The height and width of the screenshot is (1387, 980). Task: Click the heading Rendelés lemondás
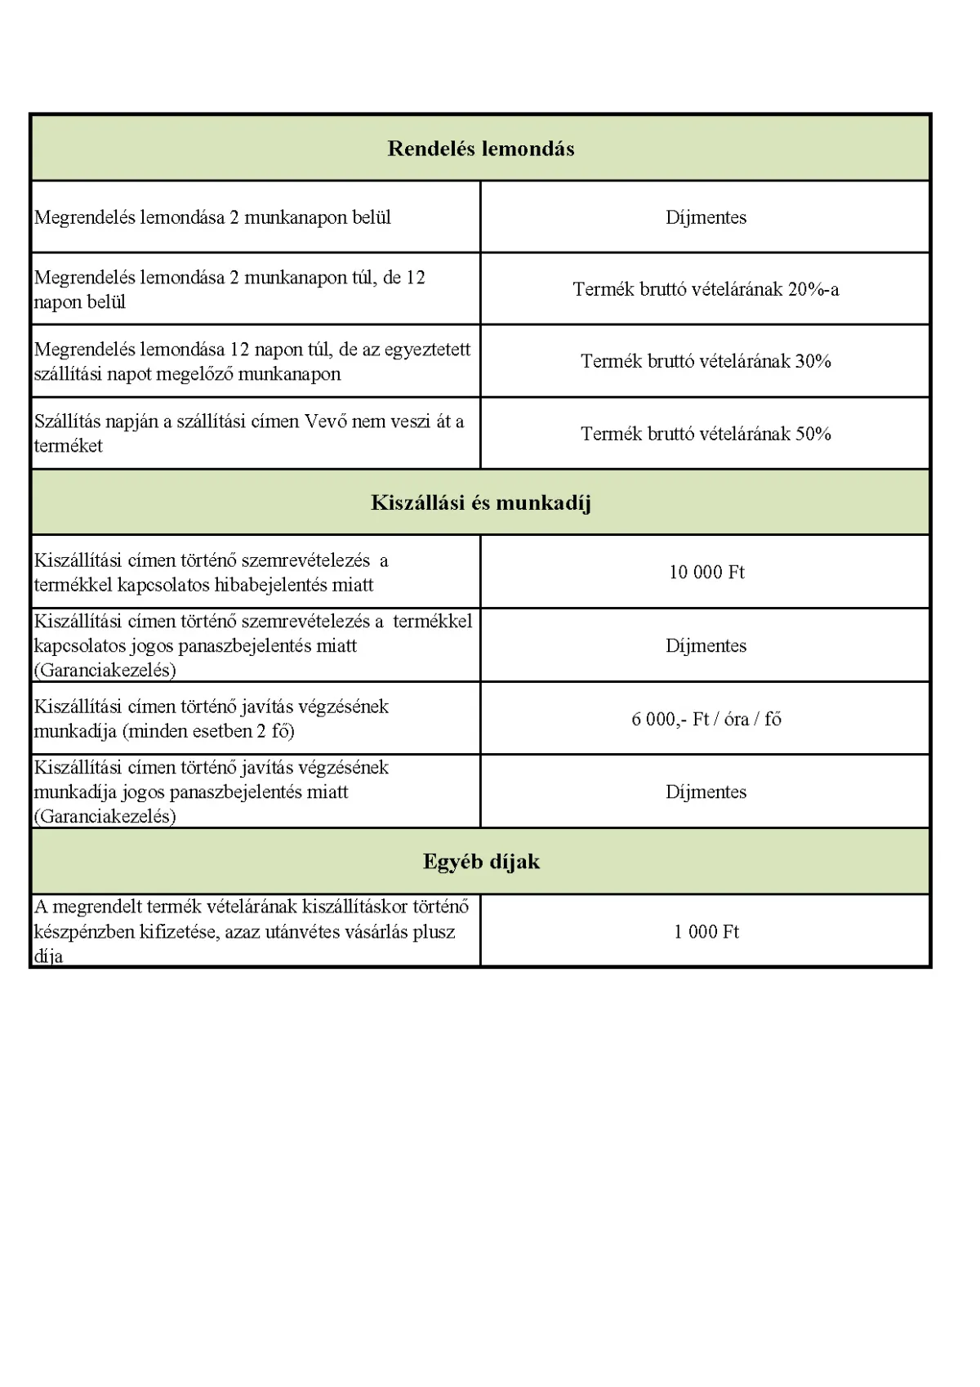(480, 149)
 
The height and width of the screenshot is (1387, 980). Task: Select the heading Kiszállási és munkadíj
(480, 502)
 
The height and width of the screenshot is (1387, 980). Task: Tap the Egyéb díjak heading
(481, 862)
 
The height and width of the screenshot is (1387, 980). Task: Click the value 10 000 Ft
(706, 572)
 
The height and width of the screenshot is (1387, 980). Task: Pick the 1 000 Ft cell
(706, 932)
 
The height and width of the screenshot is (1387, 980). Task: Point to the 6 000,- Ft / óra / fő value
(706, 719)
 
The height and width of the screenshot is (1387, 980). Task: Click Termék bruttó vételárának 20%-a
(706, 289)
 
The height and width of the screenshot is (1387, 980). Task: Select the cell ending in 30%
(706, 361)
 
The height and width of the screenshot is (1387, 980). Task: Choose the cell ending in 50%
(706, 434)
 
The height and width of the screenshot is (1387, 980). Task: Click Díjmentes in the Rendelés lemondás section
(706, 217)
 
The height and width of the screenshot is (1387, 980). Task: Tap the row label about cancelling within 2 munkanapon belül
(212, 217)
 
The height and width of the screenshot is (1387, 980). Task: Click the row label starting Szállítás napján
(248, 433)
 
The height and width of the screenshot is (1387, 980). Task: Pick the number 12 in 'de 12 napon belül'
(415, 278)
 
